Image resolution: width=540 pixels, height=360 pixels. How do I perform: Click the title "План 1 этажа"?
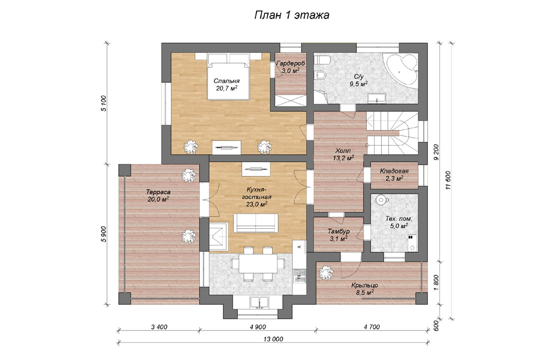(292, 15)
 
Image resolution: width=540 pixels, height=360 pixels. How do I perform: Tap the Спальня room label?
(226, 81)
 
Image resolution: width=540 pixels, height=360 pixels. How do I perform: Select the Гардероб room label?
(291, 63)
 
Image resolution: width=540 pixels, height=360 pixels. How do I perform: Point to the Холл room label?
(343, 151)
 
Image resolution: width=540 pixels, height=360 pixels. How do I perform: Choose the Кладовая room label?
(394, 171)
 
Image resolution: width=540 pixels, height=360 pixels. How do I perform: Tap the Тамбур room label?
(338, 232)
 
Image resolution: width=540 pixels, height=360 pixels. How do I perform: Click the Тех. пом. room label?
(399, 219)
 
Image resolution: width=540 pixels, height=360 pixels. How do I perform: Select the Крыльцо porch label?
(364, 285)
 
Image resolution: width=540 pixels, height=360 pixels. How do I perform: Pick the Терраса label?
(158, 192)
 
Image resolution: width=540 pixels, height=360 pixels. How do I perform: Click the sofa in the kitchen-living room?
(256, 223)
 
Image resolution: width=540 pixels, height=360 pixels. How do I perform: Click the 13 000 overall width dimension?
(273, 339)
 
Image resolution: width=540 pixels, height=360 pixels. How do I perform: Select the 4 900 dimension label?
(258, 327)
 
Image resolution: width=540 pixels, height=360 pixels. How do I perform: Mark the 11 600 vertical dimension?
(448, 180)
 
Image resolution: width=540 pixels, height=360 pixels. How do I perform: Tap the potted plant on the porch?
(326, 273)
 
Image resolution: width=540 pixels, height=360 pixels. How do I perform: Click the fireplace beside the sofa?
(218, 237)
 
